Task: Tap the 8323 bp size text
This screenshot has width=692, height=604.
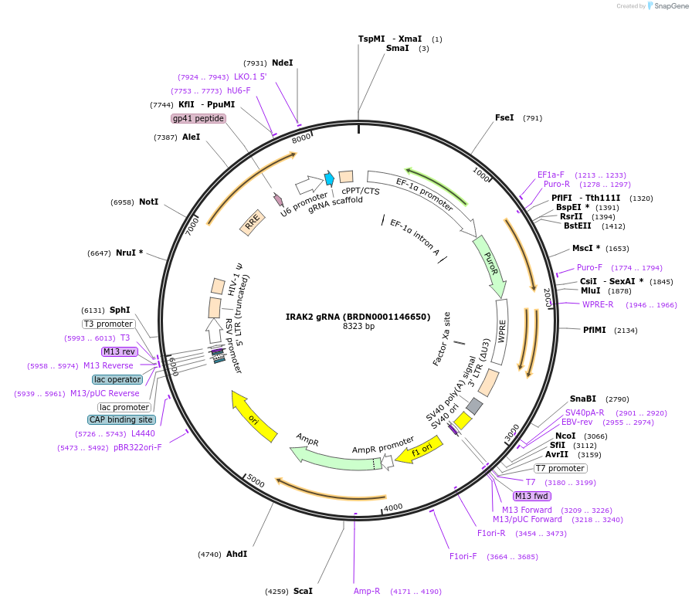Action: (358, 327)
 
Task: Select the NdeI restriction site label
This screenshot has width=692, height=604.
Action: (283, 63)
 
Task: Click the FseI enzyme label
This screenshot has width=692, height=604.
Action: (504, 118)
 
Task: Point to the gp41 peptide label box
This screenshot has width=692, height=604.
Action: (198, 118)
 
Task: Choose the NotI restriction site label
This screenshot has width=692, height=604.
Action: (149, 202)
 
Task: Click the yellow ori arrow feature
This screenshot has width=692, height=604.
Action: (254, 417)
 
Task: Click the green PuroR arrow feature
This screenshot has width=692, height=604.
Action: (491, 266)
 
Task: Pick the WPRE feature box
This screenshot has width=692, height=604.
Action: (500, 331)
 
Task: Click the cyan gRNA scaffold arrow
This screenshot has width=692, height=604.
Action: (330, 178)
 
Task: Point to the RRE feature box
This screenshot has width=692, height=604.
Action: (253, 222)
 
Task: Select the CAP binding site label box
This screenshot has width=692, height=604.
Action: (121, 419)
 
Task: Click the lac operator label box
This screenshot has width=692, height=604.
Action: (117, 379)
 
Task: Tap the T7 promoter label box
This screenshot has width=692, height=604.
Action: (560, 468)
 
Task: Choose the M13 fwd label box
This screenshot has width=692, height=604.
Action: (532, 496)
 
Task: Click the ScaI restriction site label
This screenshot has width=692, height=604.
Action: (303, 591)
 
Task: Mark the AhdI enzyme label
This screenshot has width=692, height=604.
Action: (237, 554)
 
